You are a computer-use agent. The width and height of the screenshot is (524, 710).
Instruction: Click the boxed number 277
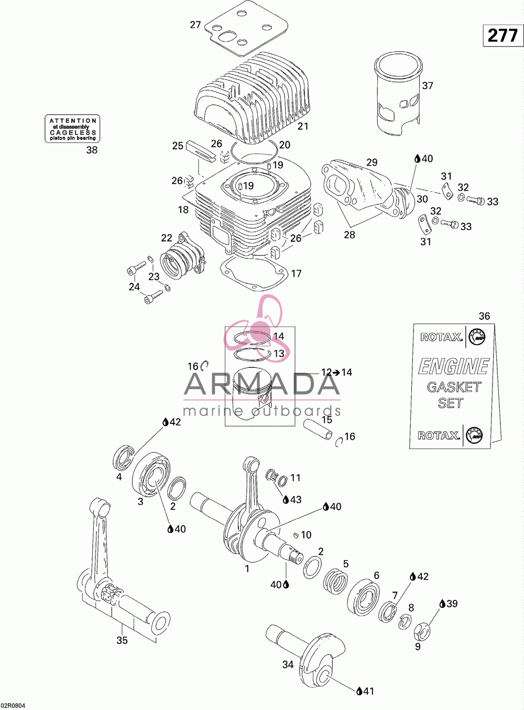(503, 35)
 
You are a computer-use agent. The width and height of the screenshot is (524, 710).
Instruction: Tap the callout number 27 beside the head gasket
(195, 25)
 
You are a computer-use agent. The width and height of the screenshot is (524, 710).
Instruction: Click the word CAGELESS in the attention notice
(73, 132)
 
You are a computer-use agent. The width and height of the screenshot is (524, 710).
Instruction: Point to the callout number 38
(92, 150)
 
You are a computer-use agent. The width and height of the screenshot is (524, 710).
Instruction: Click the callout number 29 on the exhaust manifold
(372, 162)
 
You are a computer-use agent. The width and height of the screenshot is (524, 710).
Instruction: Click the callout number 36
(484, 316)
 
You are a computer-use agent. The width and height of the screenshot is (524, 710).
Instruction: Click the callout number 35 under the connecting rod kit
(122, 640)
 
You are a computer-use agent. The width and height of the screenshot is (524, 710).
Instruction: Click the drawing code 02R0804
(13, 705)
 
